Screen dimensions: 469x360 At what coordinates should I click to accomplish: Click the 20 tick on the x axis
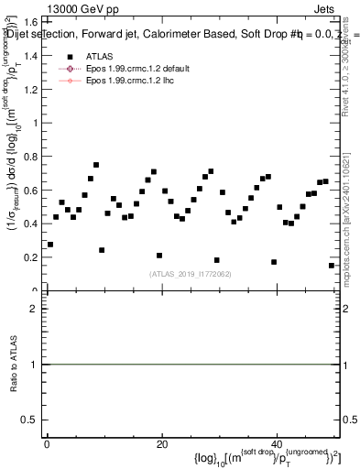pos(162,443)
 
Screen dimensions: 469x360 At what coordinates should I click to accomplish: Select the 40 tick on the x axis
pos(277,443)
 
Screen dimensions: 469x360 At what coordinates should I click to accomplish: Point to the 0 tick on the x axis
pos(47,443)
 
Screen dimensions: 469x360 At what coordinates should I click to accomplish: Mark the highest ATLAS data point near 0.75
pos(95,165)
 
